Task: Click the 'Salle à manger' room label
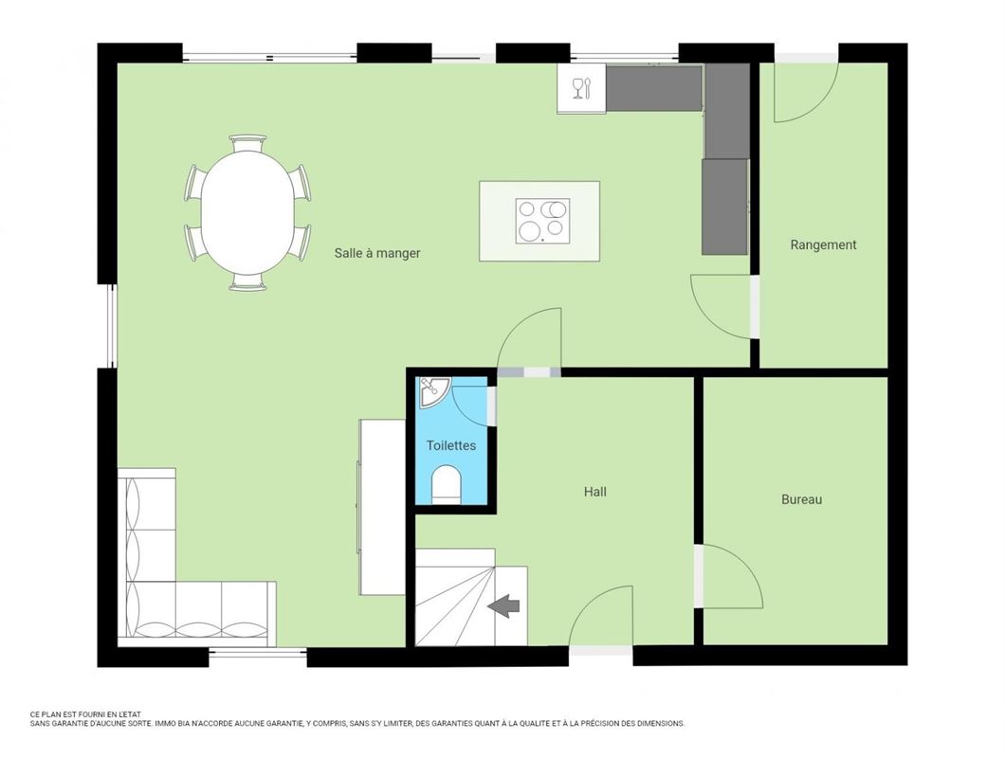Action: (x=376, y=253)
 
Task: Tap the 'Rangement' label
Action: (x=823, y=244)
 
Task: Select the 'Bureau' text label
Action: (x=801, y=499)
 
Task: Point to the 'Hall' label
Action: (x=594, y=492)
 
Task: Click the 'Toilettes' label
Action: (x=450, y=445)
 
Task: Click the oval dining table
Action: (x=247, y=211)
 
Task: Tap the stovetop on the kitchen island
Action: (x=542, y=221)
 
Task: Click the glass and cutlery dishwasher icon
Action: (x=581, y=87)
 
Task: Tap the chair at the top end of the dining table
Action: (x=247, y=143)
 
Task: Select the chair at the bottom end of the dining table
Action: (x=247, y=281)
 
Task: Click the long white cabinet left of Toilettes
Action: (x=382, y=507)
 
